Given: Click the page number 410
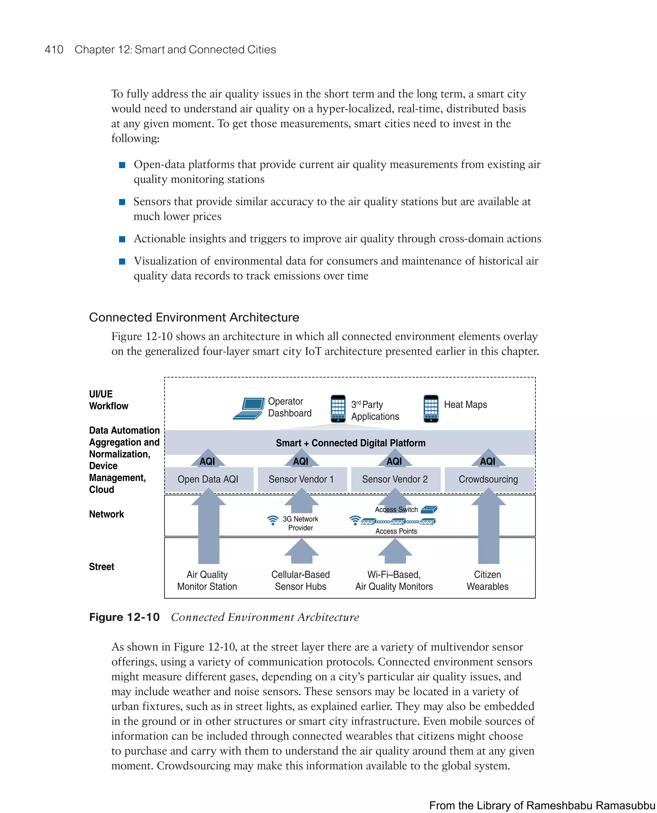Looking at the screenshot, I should (54, 50).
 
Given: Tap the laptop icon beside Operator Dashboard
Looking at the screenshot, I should (249, 408).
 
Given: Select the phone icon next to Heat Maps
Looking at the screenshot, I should (431, 408).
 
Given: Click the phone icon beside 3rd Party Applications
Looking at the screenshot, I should (338, 408).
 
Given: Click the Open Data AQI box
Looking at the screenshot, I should (208, 479).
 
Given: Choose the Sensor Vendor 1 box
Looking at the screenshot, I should (302, 479).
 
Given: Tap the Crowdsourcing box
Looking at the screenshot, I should (488, 479).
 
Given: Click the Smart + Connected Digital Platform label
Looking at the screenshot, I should (350, 443).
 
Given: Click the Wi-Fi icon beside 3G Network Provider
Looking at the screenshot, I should (272, 520).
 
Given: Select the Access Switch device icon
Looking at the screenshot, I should (429, 509).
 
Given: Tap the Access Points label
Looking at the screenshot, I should (396, 531).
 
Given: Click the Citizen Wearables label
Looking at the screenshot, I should (487, 580).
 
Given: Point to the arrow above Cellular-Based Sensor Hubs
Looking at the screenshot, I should (301, 552).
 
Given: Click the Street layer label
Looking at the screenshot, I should (101, 567).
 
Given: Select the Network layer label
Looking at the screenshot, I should (107, 514).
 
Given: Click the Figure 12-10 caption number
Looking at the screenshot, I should (124, 617).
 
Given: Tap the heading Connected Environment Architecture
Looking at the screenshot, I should (194, 317).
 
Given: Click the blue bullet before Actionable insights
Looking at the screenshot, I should (122, 239).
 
